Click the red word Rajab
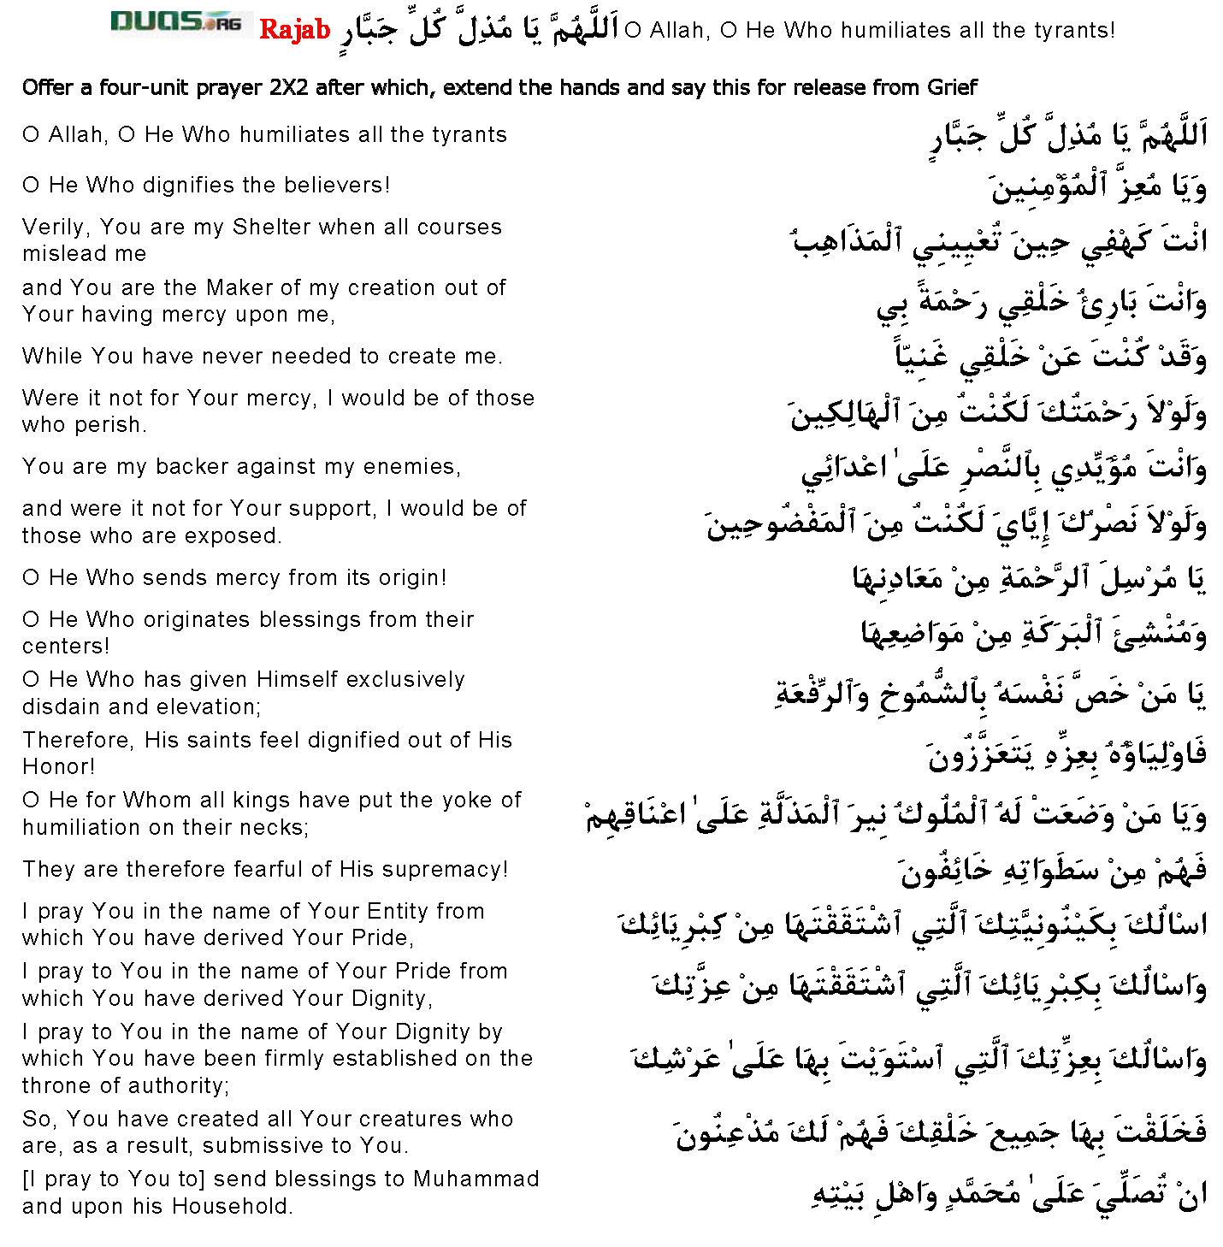(294, 30)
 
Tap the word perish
(115, 425)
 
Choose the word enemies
(410, 466)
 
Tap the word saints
(233, 740)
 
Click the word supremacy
(442, 870)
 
